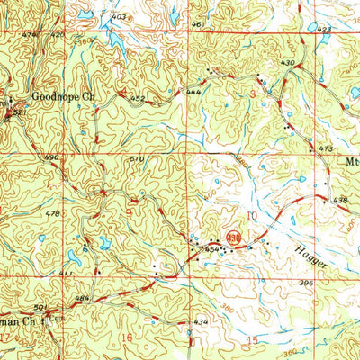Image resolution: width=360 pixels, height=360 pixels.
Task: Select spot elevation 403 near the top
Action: (119, 17)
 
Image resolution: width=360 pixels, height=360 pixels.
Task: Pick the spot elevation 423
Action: (324, 29)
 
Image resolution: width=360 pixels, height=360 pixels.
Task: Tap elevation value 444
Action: (193, 92)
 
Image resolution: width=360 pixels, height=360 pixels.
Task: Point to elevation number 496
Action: (51, 157)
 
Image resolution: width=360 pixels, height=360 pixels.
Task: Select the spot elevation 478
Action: (53, 213)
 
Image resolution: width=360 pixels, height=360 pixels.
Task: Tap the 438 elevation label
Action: (340, 200)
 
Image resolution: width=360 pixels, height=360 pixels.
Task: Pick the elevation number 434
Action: (201, 321)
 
